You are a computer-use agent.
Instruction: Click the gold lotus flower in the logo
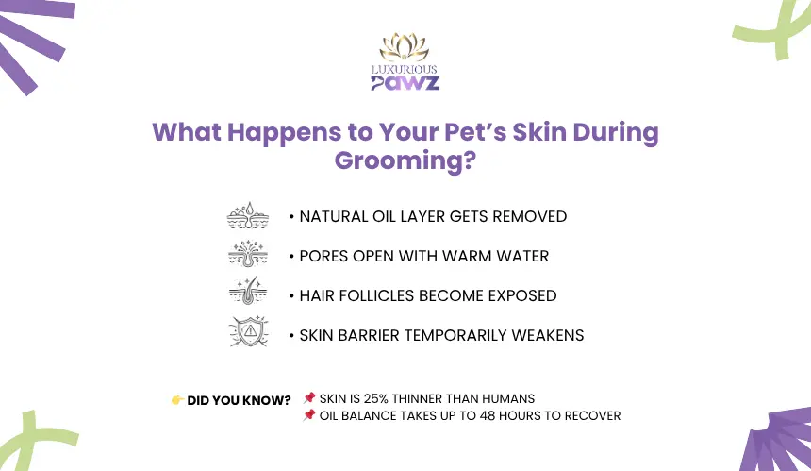[404, 47]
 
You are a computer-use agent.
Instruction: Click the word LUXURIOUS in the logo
[404, 69]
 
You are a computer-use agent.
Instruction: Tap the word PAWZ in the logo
[405, 83]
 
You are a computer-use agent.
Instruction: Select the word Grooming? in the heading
[405, 160]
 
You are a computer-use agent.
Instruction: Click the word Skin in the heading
[539, 132]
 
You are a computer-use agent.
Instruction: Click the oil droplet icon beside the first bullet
[248, 215]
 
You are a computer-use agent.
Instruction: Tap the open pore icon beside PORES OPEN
[248, 254]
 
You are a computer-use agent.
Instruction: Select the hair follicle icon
[248, 291]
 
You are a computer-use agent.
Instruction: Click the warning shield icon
[249, 331]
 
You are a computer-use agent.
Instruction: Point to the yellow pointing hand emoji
[177, 400]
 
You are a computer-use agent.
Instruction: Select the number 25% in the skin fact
[376, 398]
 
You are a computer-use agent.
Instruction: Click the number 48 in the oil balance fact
[487, 415]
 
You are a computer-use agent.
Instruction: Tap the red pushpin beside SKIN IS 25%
[309, 397]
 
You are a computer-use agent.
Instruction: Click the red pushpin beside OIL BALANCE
[309, 414]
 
